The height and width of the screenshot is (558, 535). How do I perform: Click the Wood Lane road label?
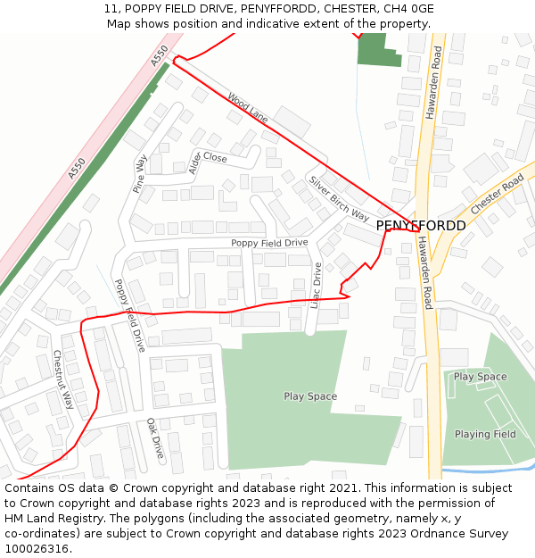coord(247,108)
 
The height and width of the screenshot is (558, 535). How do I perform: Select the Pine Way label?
coord(140,173)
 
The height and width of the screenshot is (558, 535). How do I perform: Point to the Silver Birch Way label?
coord(339,198)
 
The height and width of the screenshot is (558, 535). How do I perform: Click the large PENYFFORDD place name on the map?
coord(420,225)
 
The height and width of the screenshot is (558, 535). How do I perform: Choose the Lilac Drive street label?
coord(317,286)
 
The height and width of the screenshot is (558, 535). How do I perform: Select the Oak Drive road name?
coord(155,438)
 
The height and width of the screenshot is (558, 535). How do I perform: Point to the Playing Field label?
coord(485,434)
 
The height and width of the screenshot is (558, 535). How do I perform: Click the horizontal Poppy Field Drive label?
coord(269,243)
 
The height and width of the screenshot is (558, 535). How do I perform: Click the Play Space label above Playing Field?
coord(480,377)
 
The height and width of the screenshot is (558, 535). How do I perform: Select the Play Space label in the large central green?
coord(310,396)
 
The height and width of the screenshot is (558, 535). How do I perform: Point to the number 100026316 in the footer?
coord(37,548)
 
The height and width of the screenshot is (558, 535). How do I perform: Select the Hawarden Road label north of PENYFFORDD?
coord(432,82)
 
